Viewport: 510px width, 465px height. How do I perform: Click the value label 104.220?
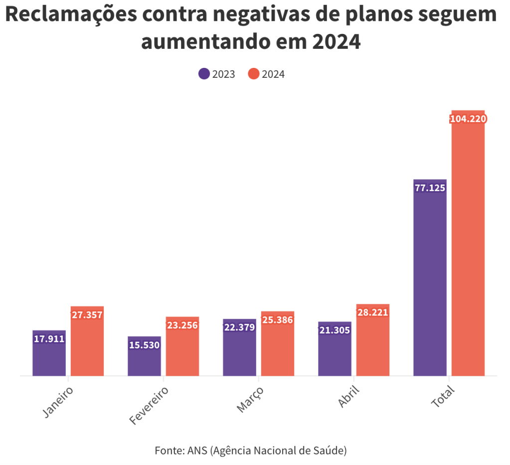click(468, 119)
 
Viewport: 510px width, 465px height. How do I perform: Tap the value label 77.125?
click(430, 188)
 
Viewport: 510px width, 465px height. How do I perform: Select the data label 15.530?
click(144, 345)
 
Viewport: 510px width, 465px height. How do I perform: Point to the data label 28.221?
click(372, 312)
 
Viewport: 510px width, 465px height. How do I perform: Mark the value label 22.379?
click(239, 327)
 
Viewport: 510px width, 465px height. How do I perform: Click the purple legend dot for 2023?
click(204, 74)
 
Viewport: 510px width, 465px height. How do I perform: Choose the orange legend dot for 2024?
click(254, 74)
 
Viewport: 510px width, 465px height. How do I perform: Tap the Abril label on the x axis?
click(348, 397)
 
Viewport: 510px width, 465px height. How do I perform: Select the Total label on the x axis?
click(443, 397)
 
